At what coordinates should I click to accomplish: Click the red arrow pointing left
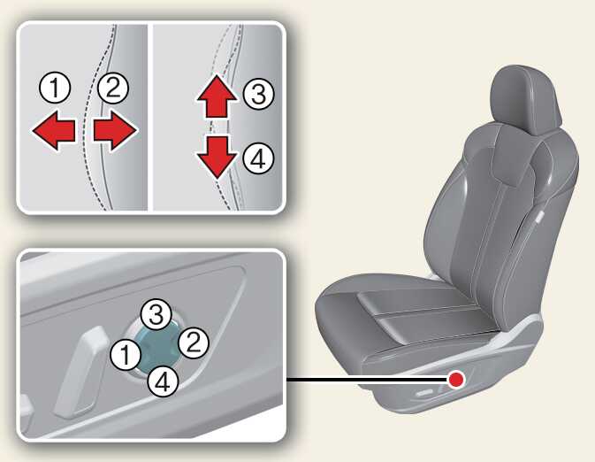coord(53,131)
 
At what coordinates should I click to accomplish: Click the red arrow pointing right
coord(115,131)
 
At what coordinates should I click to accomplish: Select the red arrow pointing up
coord(217,96)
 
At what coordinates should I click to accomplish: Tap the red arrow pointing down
coord(217,157)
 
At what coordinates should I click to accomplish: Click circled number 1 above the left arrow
coord(56,88)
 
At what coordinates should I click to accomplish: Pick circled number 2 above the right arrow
coord(112,88)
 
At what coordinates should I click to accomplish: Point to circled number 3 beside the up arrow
coord(259,95)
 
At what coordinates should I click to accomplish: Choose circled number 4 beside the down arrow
coord(259,158)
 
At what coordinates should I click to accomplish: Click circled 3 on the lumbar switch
coord(156,315)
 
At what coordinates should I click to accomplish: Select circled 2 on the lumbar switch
coord(193,343)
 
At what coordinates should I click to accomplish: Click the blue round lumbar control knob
coord(158,349)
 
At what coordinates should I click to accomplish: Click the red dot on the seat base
coord(455,379)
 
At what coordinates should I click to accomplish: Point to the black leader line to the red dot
coord(367,379)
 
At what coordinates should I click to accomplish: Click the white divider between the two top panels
coord(150,118)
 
